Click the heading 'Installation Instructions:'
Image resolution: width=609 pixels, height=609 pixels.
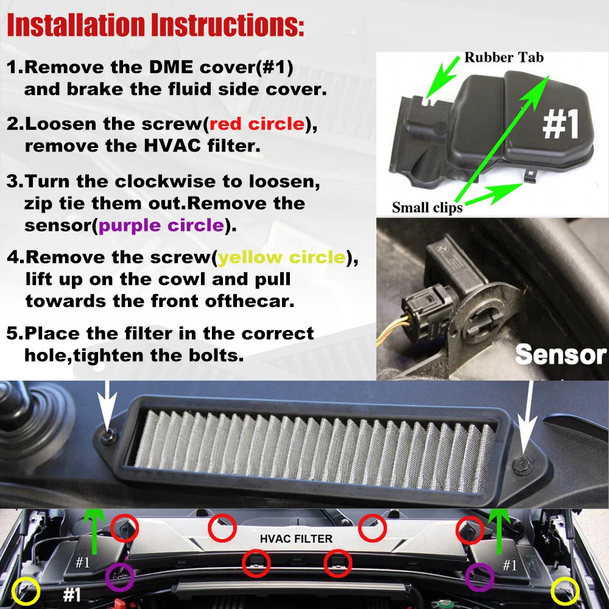tap(155, 26)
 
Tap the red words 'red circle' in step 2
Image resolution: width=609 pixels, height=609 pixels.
tap(257, 124)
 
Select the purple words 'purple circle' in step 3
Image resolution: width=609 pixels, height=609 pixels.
tap(161, 226)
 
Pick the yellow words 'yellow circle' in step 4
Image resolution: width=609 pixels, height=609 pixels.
tap(282, 257)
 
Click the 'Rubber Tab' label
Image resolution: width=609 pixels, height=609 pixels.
tap(504, 57)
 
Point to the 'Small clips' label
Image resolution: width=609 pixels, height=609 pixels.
tap(428, 208)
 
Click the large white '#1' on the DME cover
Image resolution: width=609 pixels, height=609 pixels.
tap(561, 124)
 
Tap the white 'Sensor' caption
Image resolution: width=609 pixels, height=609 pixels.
tap(560, 354)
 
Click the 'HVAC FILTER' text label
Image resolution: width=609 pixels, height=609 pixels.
tap(297, 539)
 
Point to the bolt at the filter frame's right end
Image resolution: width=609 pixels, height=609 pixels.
tap(522, 465)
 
